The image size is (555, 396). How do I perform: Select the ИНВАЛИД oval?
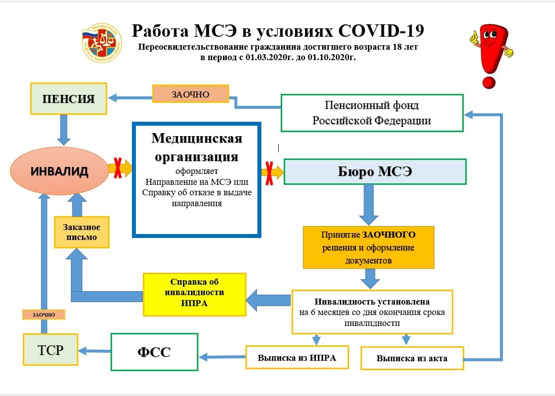tap(60, 171)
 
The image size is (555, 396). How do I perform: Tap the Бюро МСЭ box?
tap(375, 172)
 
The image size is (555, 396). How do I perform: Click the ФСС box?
tap(154, 352)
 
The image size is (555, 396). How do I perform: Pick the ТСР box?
tap(51, 350)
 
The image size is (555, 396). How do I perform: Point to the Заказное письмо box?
tap(82, 232)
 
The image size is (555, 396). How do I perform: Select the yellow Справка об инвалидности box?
tap(194, 294)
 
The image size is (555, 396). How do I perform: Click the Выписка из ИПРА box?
tap(297, 357)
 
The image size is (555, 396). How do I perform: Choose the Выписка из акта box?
tap(412, 358)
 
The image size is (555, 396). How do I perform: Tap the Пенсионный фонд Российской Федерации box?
tap(371, 113)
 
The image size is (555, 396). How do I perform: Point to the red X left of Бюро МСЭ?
tap(269, 172)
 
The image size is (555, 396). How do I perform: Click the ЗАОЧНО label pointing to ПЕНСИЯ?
tap(190, 94)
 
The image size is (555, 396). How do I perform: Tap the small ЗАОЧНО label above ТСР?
tap(44, 314)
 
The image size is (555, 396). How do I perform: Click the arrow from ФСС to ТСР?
tap(95, 351)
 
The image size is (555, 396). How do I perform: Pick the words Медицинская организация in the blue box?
tap(197, 147)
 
